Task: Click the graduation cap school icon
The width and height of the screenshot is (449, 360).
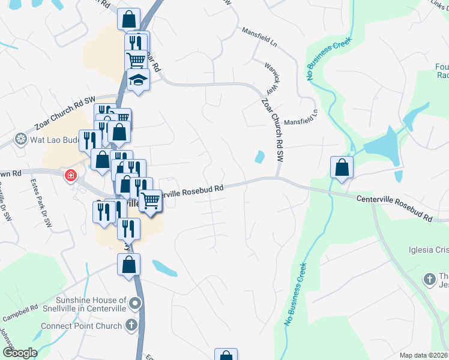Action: [x=139, y=79]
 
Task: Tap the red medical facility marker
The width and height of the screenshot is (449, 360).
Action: [x=71, y=175]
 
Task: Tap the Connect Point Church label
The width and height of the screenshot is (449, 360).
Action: [x=81, y=326]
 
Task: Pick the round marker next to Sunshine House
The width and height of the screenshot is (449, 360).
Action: [x=136, y=303]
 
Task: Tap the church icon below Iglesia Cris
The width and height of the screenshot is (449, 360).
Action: [x=429, y=279]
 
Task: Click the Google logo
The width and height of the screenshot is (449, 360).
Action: [x=20, y=353]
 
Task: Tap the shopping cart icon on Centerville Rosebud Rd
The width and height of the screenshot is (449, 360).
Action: [x=151, y=200]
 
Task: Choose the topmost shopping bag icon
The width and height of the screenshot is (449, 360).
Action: [x=129, y=19]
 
